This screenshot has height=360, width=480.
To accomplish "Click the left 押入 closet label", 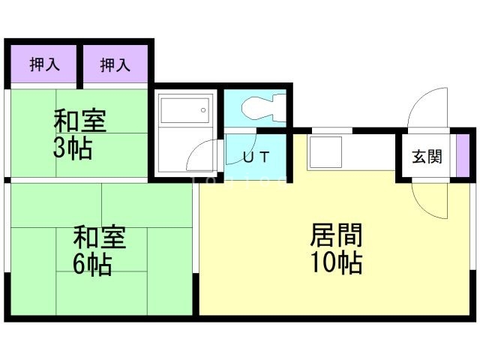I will [x=44, y=65].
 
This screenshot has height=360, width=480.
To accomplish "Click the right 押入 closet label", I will [x=115, y=65].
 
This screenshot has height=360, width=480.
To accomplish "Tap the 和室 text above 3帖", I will [x=79, y=121].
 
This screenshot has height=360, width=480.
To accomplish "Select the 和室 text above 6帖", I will [x=99, y=238].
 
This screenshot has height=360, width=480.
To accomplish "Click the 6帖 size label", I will [x=92, y=264].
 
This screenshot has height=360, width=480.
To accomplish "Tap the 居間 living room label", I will [x=337, y=236].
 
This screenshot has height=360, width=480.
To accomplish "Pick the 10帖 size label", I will [x=337, y=262].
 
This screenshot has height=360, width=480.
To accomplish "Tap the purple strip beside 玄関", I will [x=462, y=157].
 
